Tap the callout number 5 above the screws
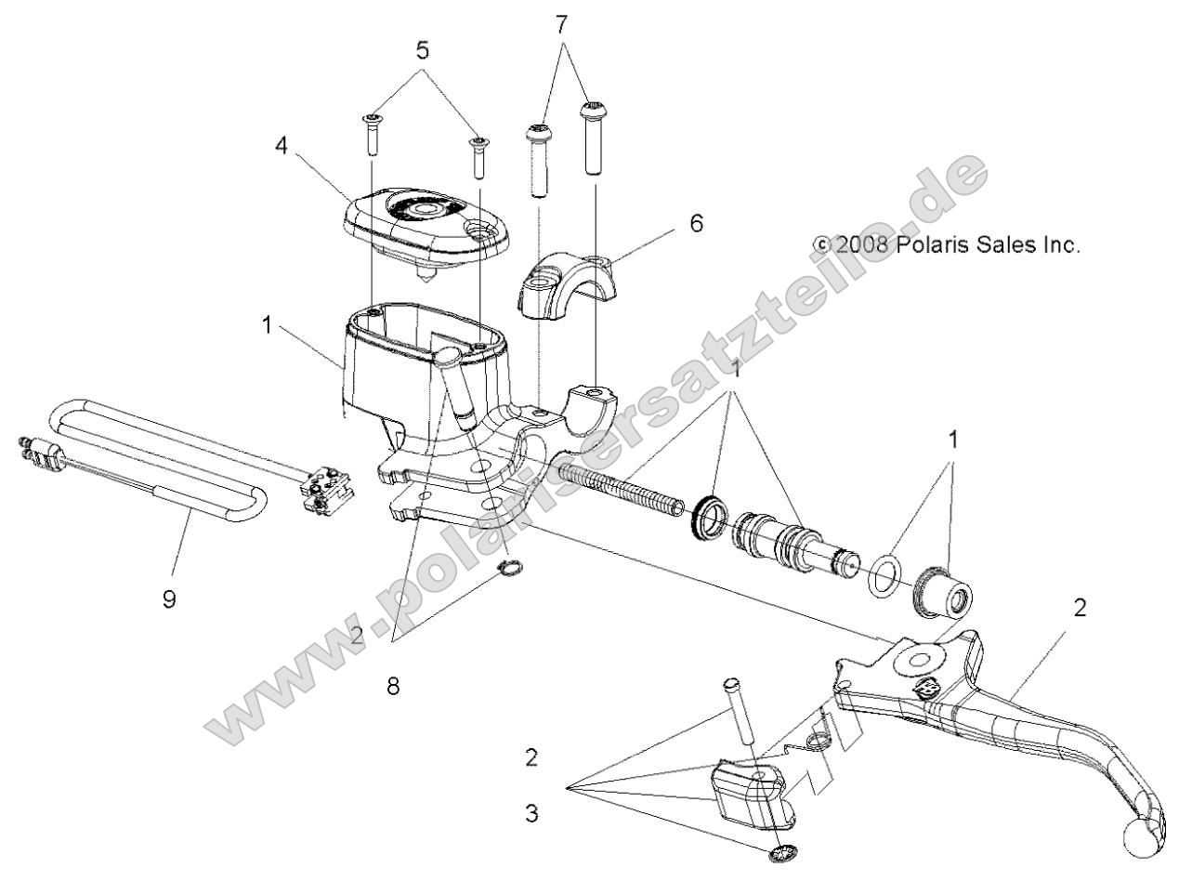pos(423,50)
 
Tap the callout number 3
pos(531,815)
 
